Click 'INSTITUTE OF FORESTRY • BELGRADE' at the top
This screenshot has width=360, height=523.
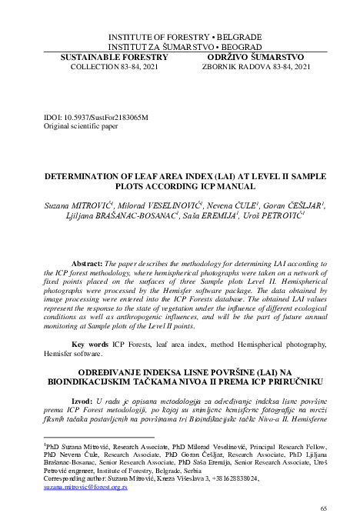tap(178, 36)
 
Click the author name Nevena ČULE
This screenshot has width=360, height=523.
tap(237, 206)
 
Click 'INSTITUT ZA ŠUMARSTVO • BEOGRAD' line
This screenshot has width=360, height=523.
tap(178, 46)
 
